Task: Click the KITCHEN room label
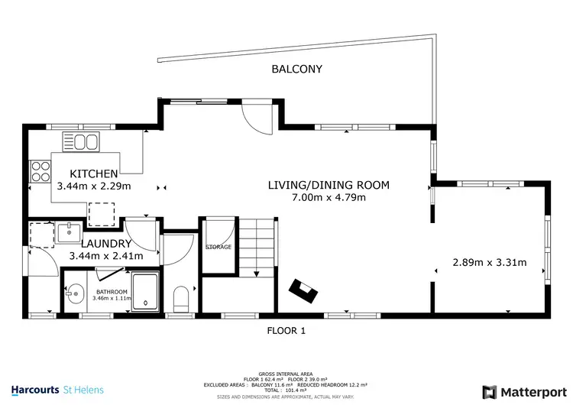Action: (x=94, y=173)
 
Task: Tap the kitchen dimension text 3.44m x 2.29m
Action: (x=94, y=186)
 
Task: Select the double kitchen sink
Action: (x=81, y=142)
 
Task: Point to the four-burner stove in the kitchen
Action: (x=40, y=173)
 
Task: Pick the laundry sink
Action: (x=70, y=232)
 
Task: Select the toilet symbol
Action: (x=181, y=299)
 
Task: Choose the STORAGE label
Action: (x=218, y=247)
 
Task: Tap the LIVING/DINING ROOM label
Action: (x=329, y=185)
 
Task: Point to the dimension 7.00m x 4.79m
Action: (x=329, y=198)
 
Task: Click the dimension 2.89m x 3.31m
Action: (x=489, y=262)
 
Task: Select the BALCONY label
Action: (x=297, y=70)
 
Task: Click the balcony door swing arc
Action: (x=257, y=118)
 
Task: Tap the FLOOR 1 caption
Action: (x=286, y=331)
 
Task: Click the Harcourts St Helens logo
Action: (x=52, y=390)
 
